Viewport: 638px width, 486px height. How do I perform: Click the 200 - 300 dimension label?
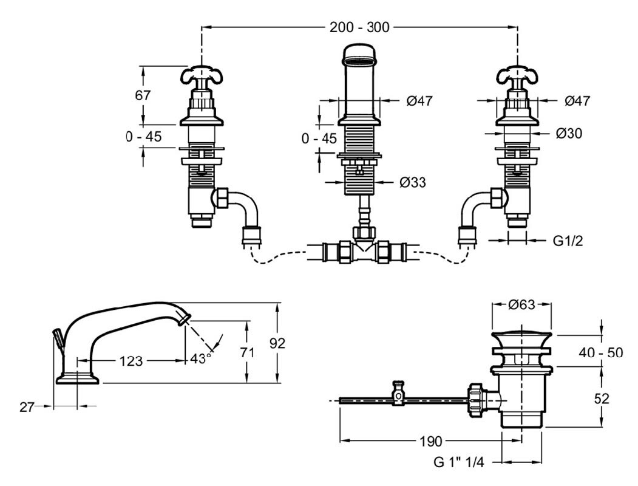(x=359, y=27)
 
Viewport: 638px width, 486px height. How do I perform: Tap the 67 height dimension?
(x=143, y=95)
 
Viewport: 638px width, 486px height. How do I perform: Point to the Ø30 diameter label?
(x=569, y=133)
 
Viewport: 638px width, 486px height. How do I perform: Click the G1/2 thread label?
(x=568, y=241)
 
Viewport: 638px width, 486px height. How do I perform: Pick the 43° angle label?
(x=200, y=358)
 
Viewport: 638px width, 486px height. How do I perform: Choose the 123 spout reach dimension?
(x=131, y=361)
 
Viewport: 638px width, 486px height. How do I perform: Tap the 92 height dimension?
(x=277, y=343)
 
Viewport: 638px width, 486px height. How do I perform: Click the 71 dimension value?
(x=246, y=352)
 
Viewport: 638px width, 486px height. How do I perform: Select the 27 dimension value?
(x=26, y=406)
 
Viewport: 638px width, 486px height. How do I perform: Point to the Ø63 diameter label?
(x=521, y=304)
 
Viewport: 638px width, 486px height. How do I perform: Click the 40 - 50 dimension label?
(x=600, y=352)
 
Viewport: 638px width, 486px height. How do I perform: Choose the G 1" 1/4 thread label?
(x=460, y=462)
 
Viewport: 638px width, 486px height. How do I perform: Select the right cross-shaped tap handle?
(x=517, y=77)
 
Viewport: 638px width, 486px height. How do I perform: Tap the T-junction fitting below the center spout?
(x=365, y=248)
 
